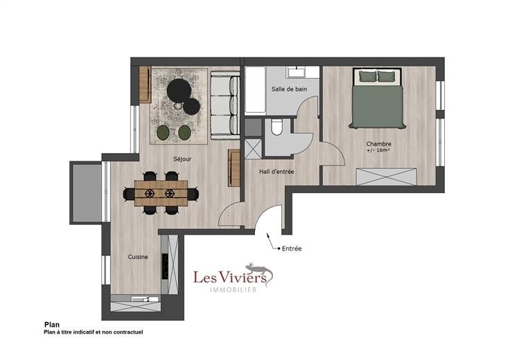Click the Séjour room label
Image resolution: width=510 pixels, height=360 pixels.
pos(182,159)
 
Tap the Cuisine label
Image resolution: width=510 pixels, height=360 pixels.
pos(138,257)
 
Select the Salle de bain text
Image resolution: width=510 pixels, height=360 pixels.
pos(289,89)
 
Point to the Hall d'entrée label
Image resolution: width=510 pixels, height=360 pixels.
pos(276,172)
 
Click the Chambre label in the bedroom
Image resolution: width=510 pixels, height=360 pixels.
pos(378,143)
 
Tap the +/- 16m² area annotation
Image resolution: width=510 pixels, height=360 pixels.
pos(378,150)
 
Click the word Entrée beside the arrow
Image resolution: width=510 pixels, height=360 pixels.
pos(292,249)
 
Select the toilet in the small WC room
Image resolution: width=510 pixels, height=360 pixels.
pos(276,127)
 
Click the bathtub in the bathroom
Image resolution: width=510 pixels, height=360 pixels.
pos(255,90)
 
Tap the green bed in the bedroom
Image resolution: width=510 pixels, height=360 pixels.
pos(377,98)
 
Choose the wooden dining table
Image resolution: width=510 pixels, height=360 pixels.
pos(161,193)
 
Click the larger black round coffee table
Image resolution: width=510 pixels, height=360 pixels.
pos(179,91)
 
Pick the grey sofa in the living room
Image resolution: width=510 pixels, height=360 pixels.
pos(225,104)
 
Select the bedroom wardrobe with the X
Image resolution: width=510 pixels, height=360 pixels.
pos(386,177)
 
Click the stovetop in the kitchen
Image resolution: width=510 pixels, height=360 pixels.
pos(165,266)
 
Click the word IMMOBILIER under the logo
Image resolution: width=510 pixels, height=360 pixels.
pos(234,289)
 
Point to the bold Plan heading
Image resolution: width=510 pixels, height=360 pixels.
pos(52,325)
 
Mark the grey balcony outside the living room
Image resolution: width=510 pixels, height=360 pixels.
pos(87,192)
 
